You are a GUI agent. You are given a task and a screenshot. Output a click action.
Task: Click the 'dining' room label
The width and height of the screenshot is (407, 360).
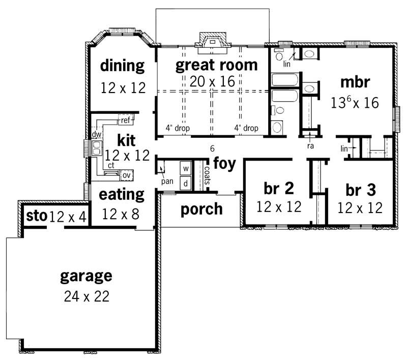coord(122,66)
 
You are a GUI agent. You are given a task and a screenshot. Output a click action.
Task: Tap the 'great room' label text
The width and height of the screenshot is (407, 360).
coord(216,65)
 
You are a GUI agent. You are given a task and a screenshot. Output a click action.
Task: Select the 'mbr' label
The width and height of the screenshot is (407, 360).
coord(355,82)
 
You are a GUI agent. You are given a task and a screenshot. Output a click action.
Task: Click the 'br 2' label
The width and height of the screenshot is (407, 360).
coord(278,189)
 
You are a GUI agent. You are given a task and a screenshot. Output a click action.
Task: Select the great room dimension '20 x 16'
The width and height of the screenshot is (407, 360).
coord(212,81)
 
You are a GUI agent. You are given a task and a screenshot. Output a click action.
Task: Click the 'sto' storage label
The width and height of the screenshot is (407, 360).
coord(36,217)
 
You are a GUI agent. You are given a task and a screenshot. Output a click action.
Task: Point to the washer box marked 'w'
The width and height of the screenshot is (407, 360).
coord(186,168)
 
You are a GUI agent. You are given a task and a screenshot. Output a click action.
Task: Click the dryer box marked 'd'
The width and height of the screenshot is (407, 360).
coord(186,182)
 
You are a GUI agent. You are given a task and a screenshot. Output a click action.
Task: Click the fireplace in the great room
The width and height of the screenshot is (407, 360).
coord(212,42)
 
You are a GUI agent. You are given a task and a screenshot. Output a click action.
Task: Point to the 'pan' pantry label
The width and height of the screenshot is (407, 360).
coord(165,181)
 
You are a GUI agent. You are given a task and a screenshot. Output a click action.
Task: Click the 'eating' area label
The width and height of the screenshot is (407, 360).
coord(122,194)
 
